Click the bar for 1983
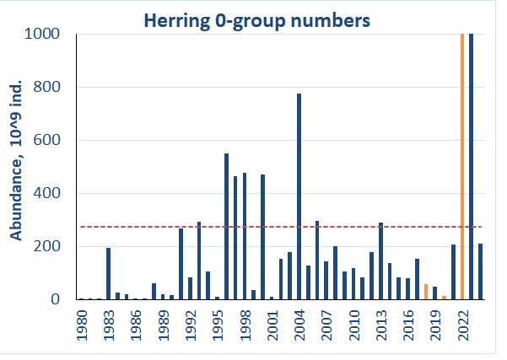[109, 273]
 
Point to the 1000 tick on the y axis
[58, 34]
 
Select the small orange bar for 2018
[426, 292]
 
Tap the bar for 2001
[272, 298]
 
